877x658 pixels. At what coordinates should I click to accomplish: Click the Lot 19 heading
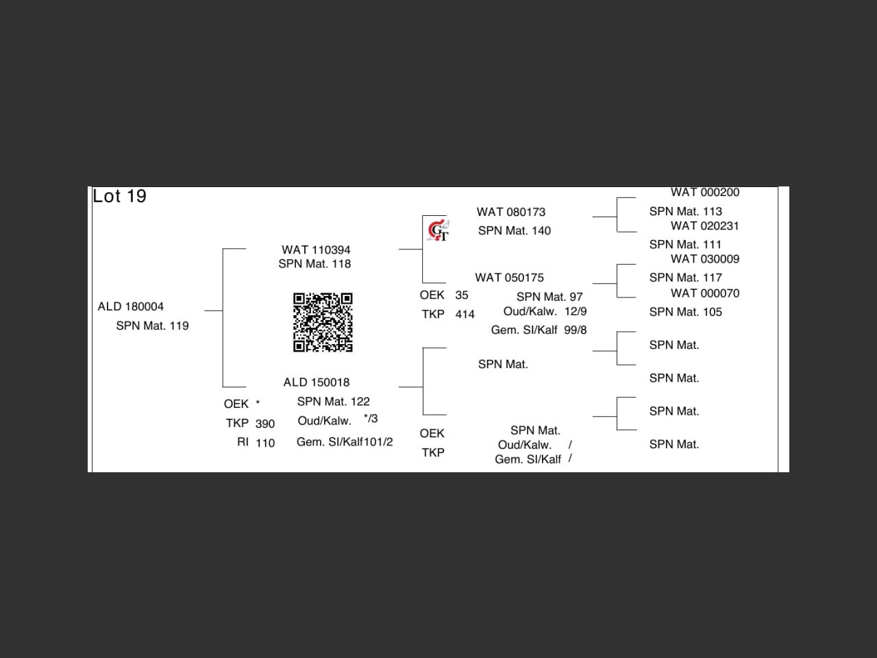(120, 197)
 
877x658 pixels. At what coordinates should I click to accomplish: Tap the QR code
(323, 322)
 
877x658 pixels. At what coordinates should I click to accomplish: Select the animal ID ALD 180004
(131, 306)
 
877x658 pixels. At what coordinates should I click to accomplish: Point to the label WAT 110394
(316, 250)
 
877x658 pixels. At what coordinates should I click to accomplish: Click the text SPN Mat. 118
(314, 264)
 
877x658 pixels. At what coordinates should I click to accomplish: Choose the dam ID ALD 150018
(317, 382)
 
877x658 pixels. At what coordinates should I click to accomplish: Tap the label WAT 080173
(511, 212)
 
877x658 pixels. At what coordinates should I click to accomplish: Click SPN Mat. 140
(515, 231)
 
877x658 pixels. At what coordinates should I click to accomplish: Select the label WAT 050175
(509, 278)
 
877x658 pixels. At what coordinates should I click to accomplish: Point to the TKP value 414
(465, 315)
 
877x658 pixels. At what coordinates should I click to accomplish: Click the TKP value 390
(265, 424)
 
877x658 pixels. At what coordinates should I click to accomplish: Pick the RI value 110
(265, 443)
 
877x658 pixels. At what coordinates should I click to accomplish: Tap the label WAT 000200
(705, 193)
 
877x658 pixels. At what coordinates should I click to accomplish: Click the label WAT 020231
(705, 226)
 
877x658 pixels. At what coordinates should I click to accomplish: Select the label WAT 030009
(705, 259)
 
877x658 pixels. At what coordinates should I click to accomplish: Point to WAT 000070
(705, 293)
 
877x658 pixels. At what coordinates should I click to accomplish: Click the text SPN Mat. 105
(686, 312)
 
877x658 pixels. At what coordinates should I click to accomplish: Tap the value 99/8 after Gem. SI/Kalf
(576, 330)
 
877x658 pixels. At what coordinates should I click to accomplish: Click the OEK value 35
(462, 295)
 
